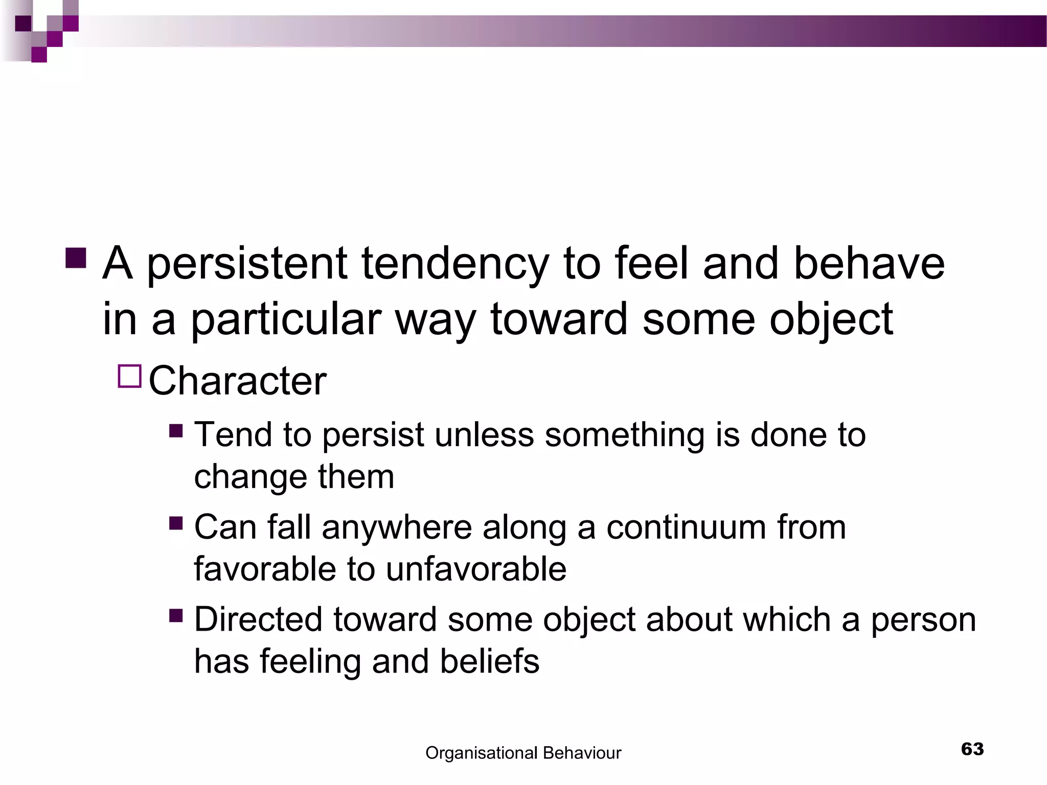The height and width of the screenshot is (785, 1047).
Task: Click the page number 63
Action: click(x=972, y=749)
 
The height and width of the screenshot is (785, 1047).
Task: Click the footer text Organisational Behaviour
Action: click(x=523, y=753)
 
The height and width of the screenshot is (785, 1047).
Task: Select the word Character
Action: click(x=237, y=381)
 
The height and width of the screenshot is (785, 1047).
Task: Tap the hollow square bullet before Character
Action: click(x=129, y=377)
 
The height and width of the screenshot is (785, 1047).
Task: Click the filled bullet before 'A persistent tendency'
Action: click(x=76, y=258)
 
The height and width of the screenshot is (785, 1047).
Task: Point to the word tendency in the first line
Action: click(x=454, y=264)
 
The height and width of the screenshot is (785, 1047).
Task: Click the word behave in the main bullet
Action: click(x=869, y=264)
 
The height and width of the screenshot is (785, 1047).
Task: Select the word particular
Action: click(x=286, y=320)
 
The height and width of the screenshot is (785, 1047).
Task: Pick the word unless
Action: click(x=484, y=435)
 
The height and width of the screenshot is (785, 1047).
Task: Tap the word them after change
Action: click(x=356, y=477)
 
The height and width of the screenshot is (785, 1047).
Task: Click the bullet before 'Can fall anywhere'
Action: click(x=176, y=523)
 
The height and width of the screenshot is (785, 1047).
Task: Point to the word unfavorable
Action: click(x=475, y=569)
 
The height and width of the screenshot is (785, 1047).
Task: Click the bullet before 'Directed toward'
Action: click(x=176, y=615)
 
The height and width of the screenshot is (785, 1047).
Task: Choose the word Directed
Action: click(x=258, y=619)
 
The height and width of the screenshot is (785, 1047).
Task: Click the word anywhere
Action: click(x=397, y=528)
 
